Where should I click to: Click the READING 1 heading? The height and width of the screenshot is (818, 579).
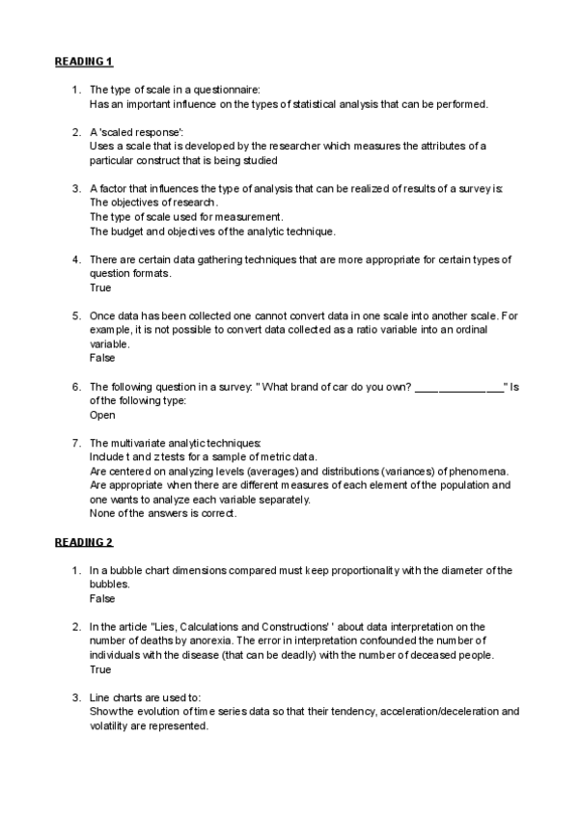(83, 62)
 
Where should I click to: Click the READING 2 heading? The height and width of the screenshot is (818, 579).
(83, 542)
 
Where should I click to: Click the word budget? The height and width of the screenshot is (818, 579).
(128, 231)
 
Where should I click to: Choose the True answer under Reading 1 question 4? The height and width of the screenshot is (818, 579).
(99, 287)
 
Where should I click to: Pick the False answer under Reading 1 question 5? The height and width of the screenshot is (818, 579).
(102, 358)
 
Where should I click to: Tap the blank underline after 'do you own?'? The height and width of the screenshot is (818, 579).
(458, 387)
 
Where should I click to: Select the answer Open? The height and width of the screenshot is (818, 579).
(102, 415)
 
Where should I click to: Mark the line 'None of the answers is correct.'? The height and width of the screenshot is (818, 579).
(163, 513)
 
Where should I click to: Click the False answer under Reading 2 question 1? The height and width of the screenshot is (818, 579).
(102, 598)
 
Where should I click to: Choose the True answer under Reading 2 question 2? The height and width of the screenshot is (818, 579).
(99, 668)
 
